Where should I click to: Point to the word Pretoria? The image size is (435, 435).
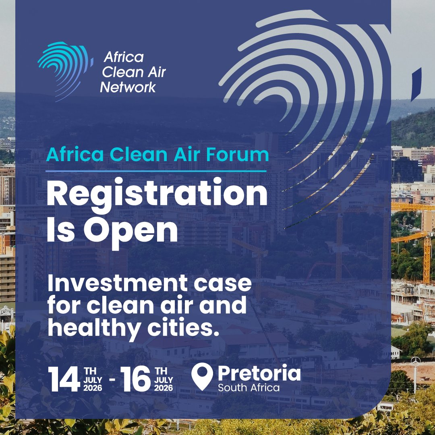[259, 373]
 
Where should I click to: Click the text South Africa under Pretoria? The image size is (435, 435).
[249, 388]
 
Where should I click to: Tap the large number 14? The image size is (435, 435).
[64, 379]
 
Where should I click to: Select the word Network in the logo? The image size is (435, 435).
[128, 87]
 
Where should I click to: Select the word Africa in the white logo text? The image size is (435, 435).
[123, 57]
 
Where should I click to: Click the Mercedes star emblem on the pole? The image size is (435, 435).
[415, 360]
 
